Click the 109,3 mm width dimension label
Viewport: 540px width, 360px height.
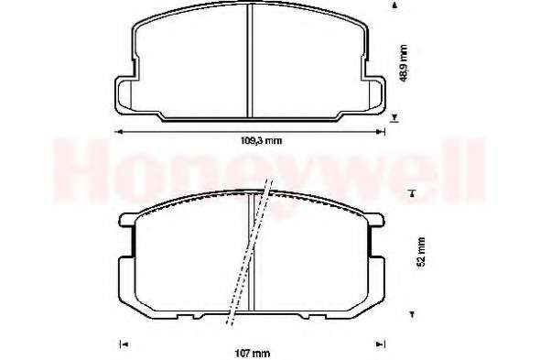tap(261, 141)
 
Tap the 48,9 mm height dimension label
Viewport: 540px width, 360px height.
tap(404, 63)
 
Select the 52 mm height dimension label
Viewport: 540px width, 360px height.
tap(421, 251)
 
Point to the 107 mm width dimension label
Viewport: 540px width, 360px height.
tap(253, 354)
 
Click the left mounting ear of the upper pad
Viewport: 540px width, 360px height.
tap(124, 95)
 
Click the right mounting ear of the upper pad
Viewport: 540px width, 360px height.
tap(375, 95)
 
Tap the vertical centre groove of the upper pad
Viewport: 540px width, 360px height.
tap(251, 61)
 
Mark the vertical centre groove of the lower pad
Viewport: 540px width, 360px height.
tap(251, 253)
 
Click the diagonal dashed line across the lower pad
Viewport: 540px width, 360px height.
tap(250, 252)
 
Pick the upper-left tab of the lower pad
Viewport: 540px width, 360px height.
tap(126, 220)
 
